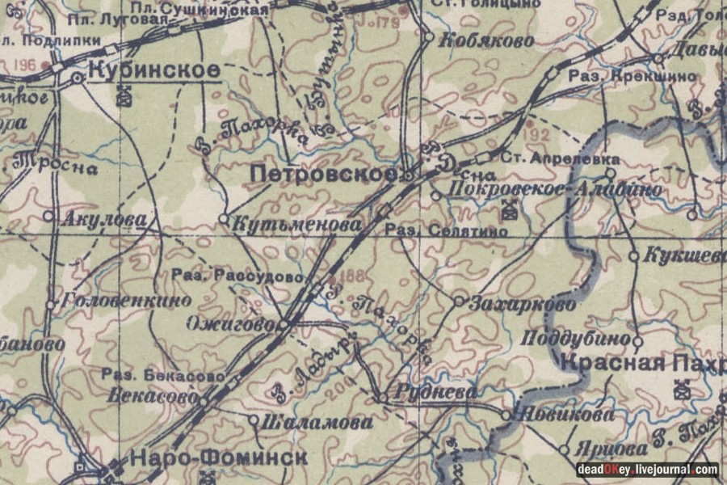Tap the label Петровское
click(322, 173)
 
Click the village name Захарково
click(523, 305)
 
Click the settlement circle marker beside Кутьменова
click(224, 218)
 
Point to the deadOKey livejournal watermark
click(647, 470)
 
